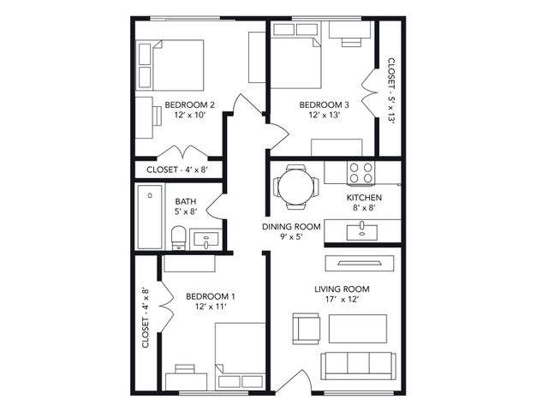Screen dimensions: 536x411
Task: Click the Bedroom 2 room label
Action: [x=190, y=104]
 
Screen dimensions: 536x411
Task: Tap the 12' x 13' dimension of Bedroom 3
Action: [x=324, y=115]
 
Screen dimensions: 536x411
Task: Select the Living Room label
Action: [x=342, y=289]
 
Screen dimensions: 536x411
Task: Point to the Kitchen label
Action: [x=364, y=198]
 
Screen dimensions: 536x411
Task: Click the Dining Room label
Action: [x=291, y=227]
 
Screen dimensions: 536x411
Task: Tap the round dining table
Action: [x=295, y=187]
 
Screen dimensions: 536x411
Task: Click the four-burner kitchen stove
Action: [x=361, y=173]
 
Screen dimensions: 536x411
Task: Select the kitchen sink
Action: [x=362, y=232]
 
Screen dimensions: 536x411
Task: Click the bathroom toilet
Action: [x=178, y=238]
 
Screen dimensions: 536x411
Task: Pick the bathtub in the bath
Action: [x=150, y=217]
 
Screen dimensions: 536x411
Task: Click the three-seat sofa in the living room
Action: [x=358, y=366]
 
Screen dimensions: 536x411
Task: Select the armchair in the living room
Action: [x=307, y=329]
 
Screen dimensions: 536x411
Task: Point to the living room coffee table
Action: [x=358, y=329]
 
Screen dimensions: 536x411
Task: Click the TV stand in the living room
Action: [x=360, y=263]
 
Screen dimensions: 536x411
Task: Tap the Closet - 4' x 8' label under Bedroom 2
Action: [x=177, y=170]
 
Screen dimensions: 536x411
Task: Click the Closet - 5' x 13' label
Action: [x=391, y=90]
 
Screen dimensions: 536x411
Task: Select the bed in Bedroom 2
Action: [x=170, y=65]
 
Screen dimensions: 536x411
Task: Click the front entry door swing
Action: [x=297, y=379]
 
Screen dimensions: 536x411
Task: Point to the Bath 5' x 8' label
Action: [x=186, y=206]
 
